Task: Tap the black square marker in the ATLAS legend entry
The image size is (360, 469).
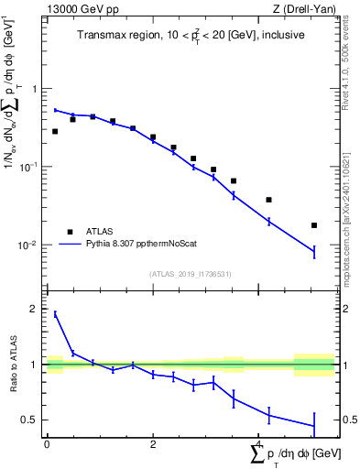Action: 70,232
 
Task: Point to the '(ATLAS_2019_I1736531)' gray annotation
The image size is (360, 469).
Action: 191,274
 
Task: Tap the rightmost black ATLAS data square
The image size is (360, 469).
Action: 314,224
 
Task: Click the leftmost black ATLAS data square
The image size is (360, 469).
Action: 55,131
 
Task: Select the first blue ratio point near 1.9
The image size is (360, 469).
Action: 55,314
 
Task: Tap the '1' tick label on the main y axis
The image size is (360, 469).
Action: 36,89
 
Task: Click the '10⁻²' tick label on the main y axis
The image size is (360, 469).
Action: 31,245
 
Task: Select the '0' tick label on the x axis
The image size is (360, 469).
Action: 47,443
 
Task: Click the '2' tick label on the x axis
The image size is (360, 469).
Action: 153,443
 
